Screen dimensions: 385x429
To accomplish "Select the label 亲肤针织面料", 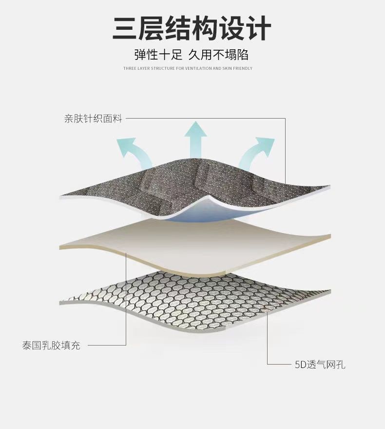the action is click(93, 119).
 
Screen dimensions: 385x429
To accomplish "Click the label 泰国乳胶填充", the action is click(51, 346).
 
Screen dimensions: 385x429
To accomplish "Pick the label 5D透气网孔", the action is click(320, 364).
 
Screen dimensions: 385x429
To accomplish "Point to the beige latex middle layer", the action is click(195, 244).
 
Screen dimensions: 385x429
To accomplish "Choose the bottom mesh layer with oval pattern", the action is click(195, 300).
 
